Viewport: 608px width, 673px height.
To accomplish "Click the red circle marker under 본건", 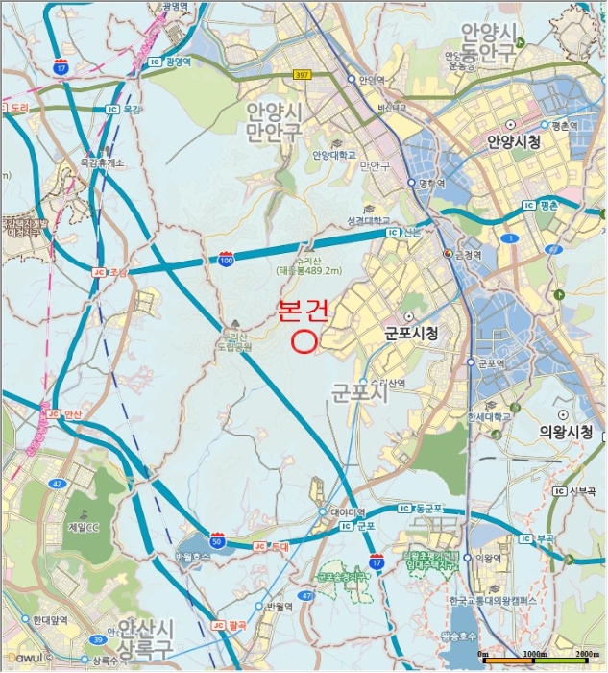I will pyautogui.click(x=304, y=339).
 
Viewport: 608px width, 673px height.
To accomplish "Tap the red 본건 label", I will pyautogui.click(x=304, y=311).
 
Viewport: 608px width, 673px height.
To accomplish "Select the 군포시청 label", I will pyautogui.click(x=411, y=334).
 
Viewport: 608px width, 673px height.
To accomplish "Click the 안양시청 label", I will pyautogui.click(x=515, y=142).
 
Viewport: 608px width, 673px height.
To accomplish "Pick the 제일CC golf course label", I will pyautogui.click(x=84, y=527).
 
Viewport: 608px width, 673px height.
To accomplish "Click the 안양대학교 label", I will pyautogui.click(x=334, y=154).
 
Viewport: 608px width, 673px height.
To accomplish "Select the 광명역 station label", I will pyautogui.click(x=179, y=61).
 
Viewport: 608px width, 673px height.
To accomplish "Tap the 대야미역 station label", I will pyautogui.click(x=344, y=511).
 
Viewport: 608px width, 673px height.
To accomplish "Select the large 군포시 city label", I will pyautogui.click(x=359, y=393).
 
